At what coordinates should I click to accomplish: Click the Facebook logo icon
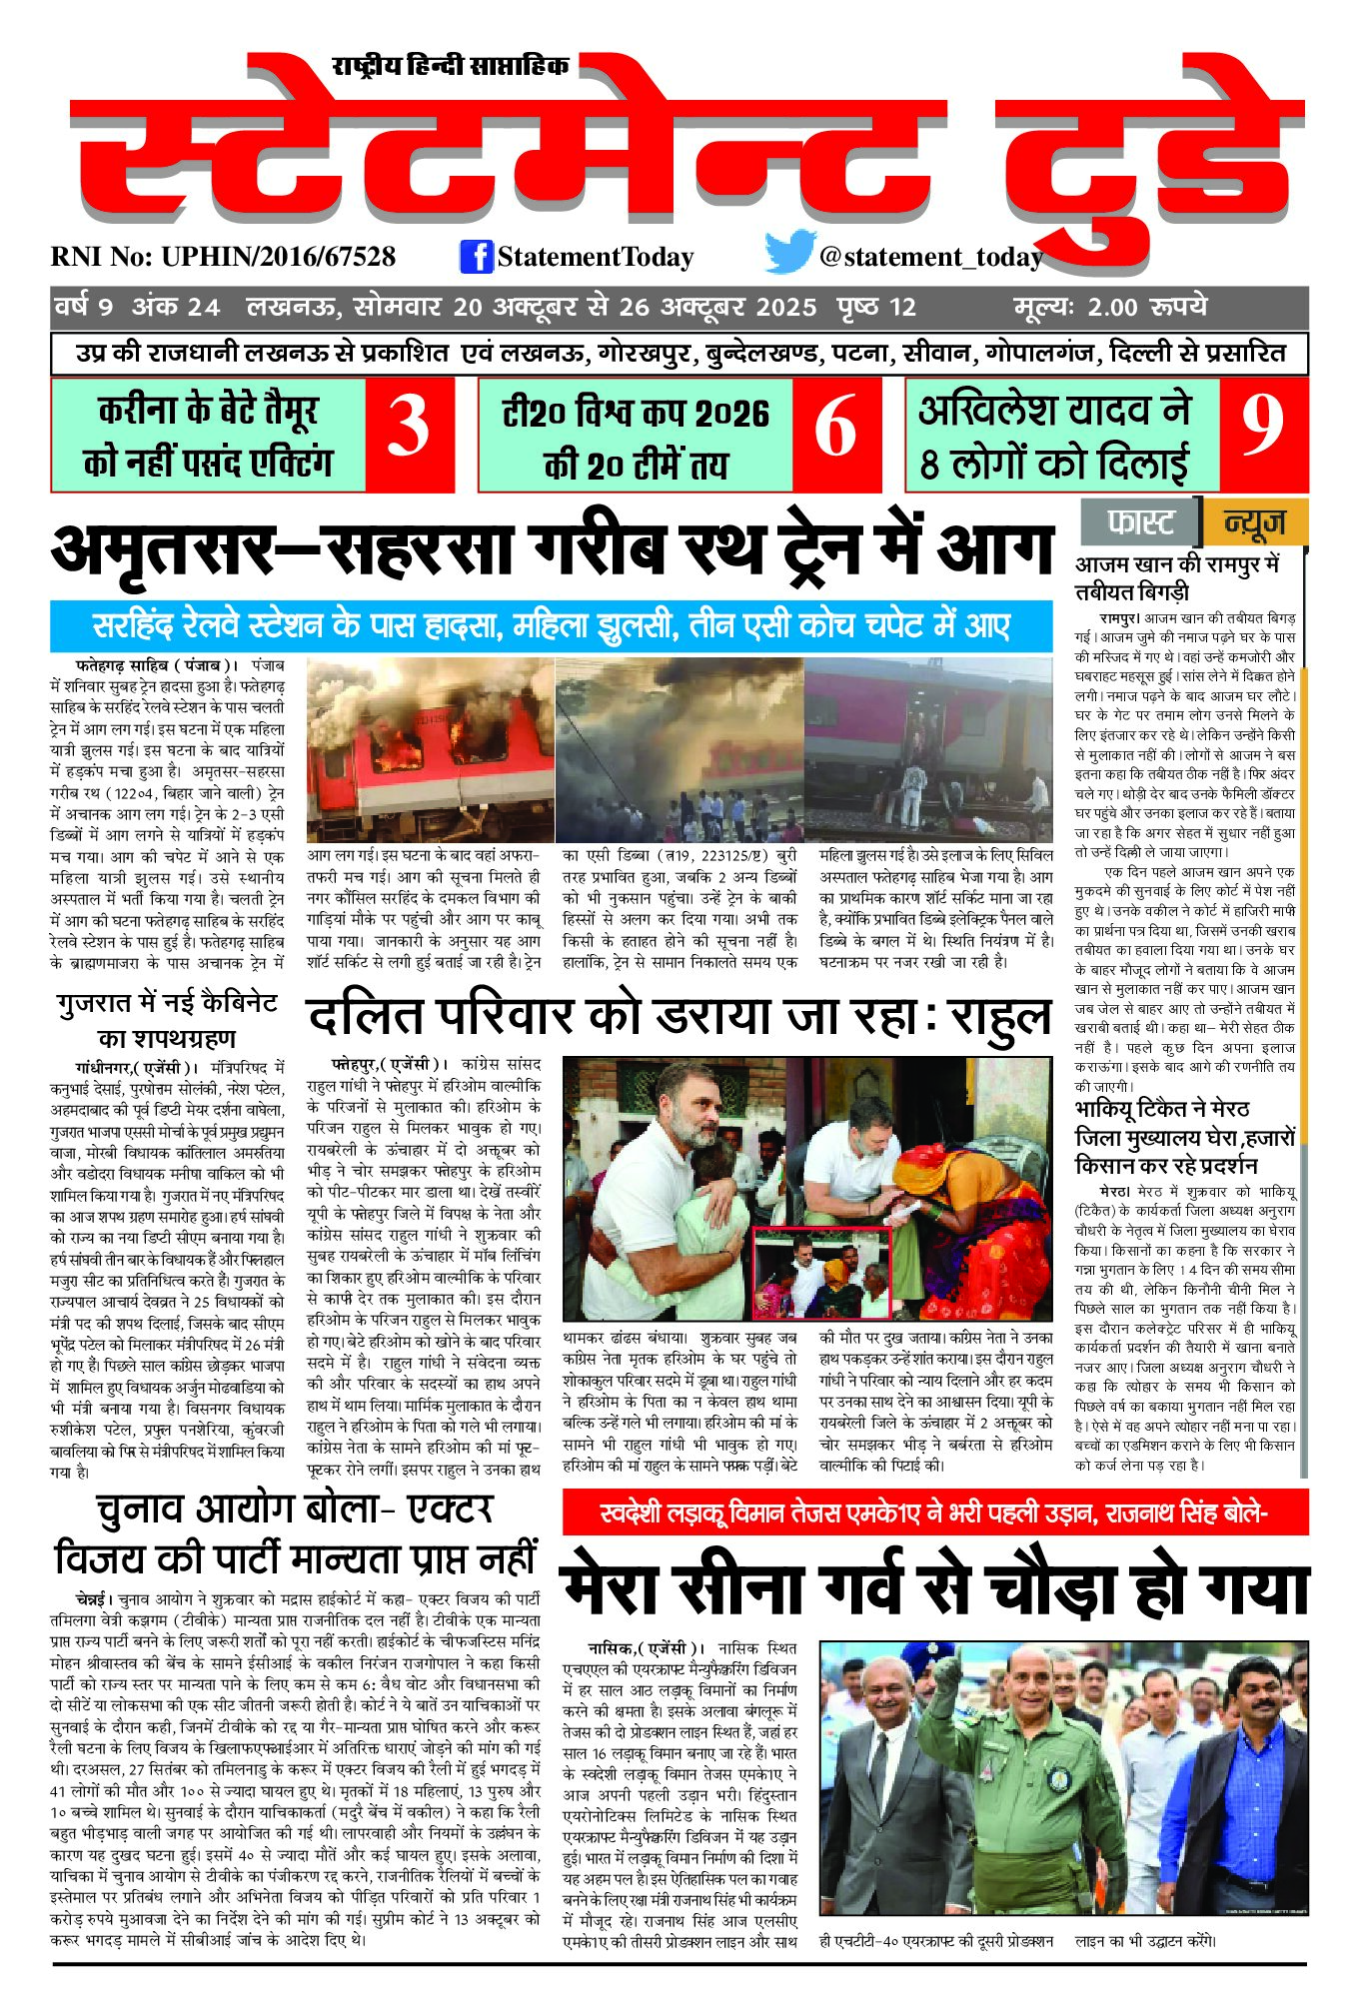tap(477, 257)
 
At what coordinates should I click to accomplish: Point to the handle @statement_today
tap(930, 258)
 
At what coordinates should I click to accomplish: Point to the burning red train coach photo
tap(430, 749)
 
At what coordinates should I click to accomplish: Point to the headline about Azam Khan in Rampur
tap(1177, 577)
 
